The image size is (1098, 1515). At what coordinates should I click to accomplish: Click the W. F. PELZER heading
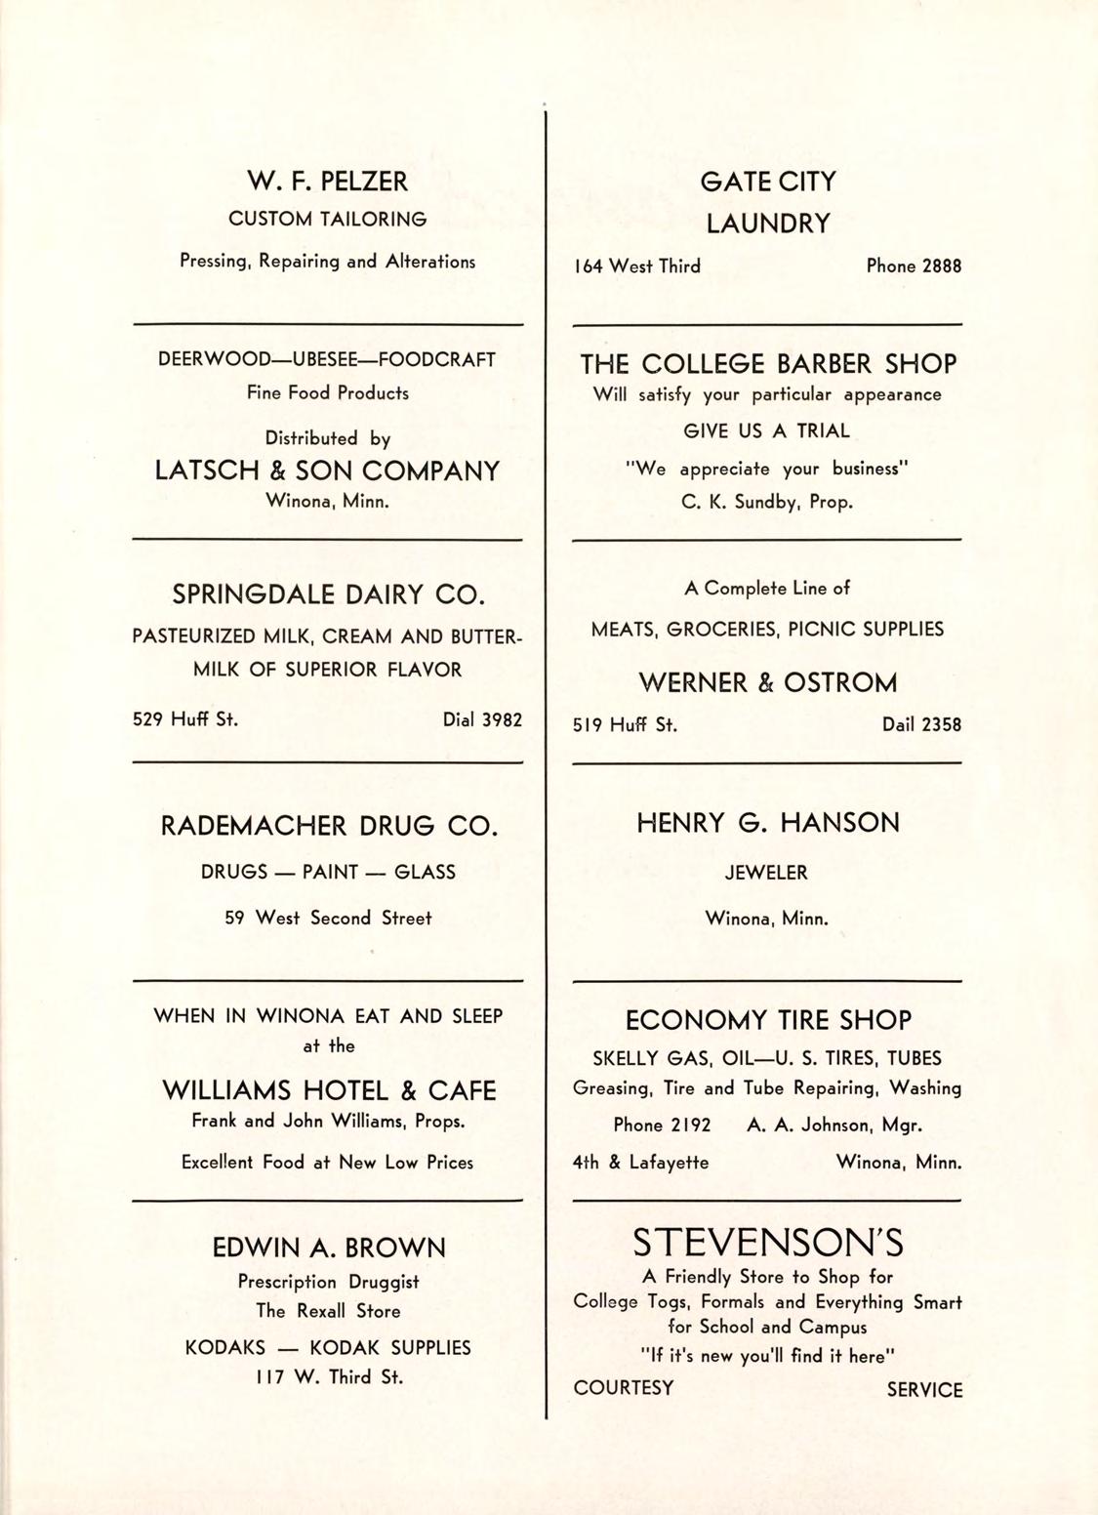point(328,182)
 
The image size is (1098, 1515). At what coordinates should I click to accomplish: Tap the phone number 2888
point(914,266)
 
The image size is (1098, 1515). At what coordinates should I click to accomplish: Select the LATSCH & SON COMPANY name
point(328,471)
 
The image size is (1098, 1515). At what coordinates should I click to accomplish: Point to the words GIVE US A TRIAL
point(766,430)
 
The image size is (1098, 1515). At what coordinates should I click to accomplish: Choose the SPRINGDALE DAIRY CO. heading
point(328,594)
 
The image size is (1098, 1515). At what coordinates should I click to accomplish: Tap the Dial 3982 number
point(482,720)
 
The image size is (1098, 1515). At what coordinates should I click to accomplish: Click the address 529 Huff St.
point(185,720)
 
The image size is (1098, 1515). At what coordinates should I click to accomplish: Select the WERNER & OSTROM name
point(767,682)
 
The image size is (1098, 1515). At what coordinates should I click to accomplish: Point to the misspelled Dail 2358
point(921,724)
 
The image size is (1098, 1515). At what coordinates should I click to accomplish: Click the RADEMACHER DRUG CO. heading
point(329,827)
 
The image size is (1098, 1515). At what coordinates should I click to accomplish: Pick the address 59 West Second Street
point(328,919)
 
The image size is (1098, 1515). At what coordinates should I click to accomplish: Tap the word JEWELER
point(766,873)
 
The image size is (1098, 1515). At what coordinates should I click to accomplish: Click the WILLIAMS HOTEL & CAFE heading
point(329,1090)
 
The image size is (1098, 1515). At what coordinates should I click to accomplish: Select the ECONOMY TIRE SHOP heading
point(768,1021)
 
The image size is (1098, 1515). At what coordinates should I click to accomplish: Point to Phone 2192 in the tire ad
point(662,1125)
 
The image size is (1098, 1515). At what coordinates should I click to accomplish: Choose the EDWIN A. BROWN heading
point(329,1248)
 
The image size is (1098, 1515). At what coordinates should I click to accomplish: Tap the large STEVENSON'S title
point(768,1243)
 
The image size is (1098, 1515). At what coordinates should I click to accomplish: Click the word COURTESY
point(624,1388)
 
